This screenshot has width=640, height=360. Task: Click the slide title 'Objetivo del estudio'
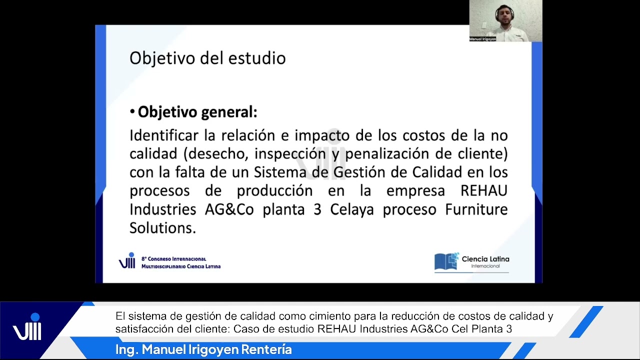tap(207, 58)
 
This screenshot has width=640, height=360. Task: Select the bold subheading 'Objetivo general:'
tap(197, 112)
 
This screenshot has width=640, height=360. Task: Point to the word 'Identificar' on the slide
tap(159, 135)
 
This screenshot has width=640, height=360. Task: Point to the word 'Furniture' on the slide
tap(476, 209)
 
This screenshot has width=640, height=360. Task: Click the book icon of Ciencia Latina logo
tap(446, 261)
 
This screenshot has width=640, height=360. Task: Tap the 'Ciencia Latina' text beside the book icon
tap(485, 259)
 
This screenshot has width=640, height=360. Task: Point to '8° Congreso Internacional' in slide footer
tap(173, 259)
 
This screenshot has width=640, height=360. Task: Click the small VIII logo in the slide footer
tap(127, 261)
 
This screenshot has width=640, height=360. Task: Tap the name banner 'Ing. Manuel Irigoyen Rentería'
tap(203, 350)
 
